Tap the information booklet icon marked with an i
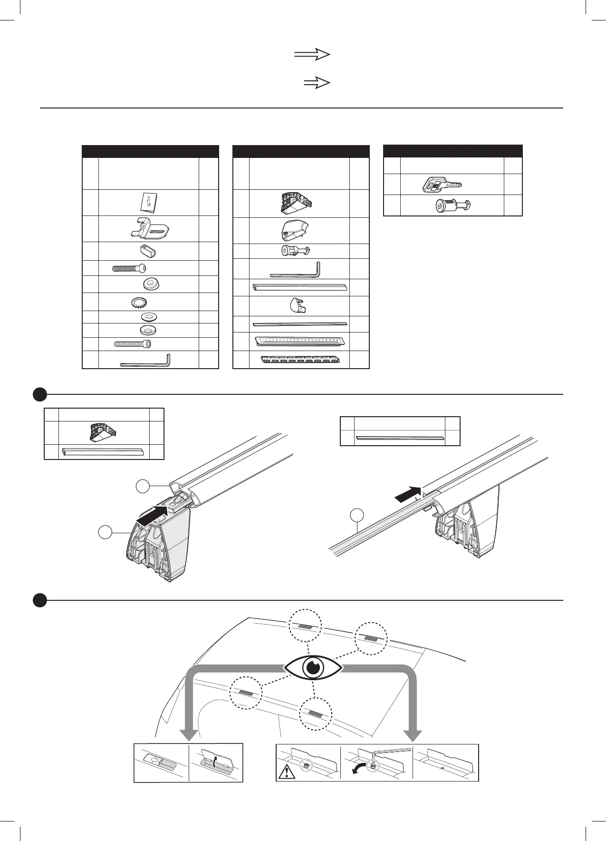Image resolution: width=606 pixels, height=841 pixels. [x=148, y=203]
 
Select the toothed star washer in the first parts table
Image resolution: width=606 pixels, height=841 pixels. [x=139, y=302]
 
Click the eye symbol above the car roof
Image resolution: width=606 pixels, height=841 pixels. [x=313, y=668]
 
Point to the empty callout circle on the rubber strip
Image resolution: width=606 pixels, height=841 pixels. [x=357, y=515]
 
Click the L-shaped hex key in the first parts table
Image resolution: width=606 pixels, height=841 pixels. [x=145, y=362]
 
